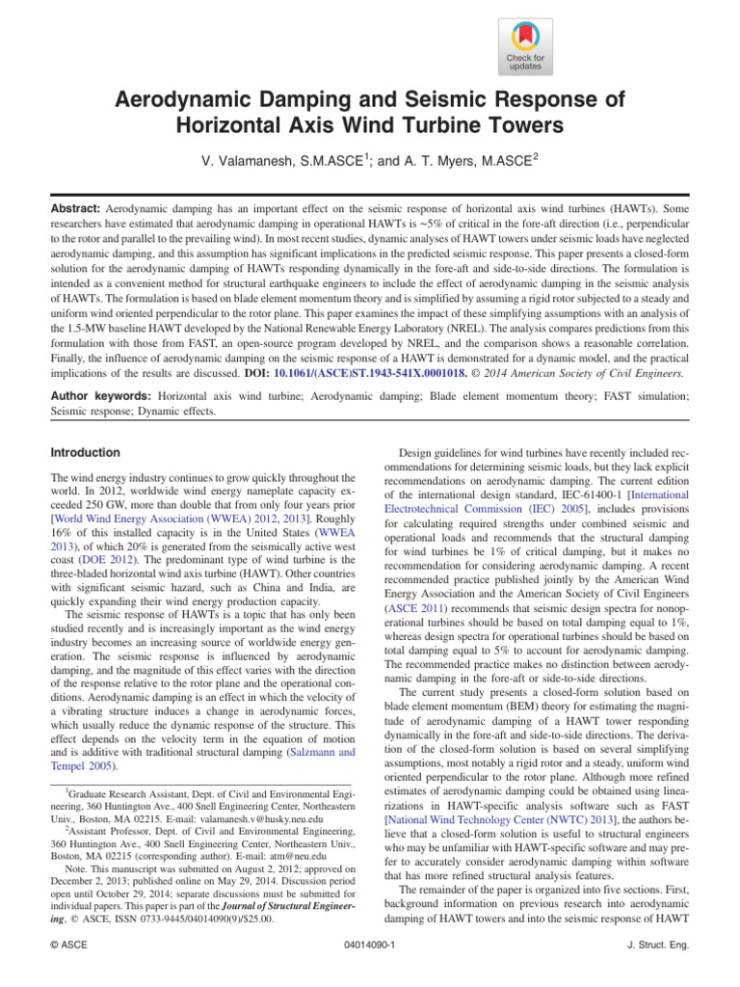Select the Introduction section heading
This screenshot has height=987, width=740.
86,452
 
